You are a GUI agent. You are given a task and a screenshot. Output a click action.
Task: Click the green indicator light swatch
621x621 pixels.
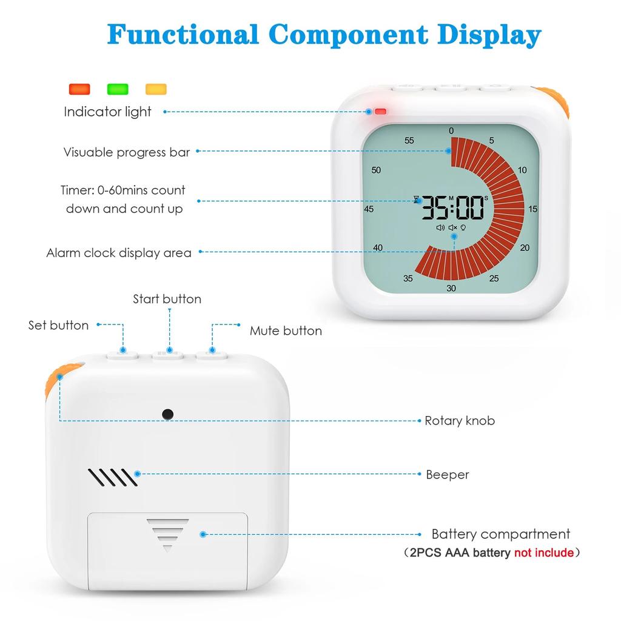[x=118, y=89]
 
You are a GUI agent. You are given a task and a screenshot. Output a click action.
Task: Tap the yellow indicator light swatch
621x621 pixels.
[x=156, y=89]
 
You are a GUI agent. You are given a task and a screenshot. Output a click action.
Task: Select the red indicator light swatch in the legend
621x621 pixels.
[x=79, y=89]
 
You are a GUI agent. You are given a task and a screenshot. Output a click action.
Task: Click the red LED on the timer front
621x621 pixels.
[x=380, y=112]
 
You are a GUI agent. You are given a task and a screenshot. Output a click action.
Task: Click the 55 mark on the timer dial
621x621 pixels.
[x=409, y=141]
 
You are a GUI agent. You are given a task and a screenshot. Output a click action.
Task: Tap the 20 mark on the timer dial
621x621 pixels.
[x=525, y=247]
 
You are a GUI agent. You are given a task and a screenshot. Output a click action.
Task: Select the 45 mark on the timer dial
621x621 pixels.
[x=369, y=209]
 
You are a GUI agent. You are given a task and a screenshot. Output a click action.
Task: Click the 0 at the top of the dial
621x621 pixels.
[x=451, y=131]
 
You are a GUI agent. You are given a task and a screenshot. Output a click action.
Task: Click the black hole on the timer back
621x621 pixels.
[x=167, y=414]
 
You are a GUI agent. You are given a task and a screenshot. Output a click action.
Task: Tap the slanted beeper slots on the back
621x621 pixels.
[x=113, y=477]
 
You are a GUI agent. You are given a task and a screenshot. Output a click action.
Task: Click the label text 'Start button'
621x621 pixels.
[x=167, y=299]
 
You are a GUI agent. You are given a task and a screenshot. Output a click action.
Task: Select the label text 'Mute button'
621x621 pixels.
[x=286, y=331]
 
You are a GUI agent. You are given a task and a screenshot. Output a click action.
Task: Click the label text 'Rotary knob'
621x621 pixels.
[x=460, y=421]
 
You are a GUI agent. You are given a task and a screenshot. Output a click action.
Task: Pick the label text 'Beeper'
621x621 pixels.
[x=448, y=475]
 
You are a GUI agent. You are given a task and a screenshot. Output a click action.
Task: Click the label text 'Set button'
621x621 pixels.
[x=58, y=325]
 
